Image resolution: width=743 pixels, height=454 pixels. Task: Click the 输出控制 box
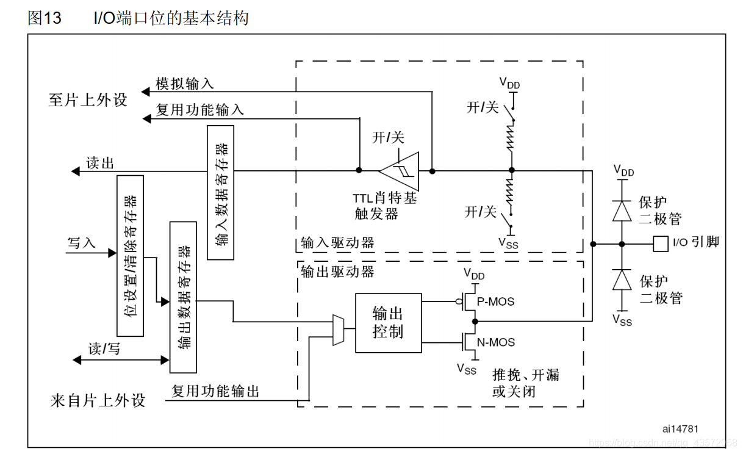(388, 323)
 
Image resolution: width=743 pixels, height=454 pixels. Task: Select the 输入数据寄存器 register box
(220, 192)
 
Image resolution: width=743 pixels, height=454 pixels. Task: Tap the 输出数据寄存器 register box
(183, 297)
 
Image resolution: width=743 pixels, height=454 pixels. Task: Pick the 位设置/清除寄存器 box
(130, 256)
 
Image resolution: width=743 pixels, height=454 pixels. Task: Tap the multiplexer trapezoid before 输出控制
(338, 330)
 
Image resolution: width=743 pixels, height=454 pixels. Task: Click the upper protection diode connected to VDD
(622, 210)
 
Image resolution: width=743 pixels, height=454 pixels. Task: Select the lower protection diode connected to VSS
(622, 280)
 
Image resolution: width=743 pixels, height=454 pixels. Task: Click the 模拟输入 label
(184, 84)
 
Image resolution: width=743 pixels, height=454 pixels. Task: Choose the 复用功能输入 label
(200, 110)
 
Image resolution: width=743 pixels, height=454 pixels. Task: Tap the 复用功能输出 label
(215, 391)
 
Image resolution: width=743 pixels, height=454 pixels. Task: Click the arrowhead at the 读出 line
(76, 171)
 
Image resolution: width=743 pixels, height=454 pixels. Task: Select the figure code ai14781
(680, 430)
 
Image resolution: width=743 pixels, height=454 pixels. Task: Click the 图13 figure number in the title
(45, 18)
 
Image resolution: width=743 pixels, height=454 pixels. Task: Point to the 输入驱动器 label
(337, 243)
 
